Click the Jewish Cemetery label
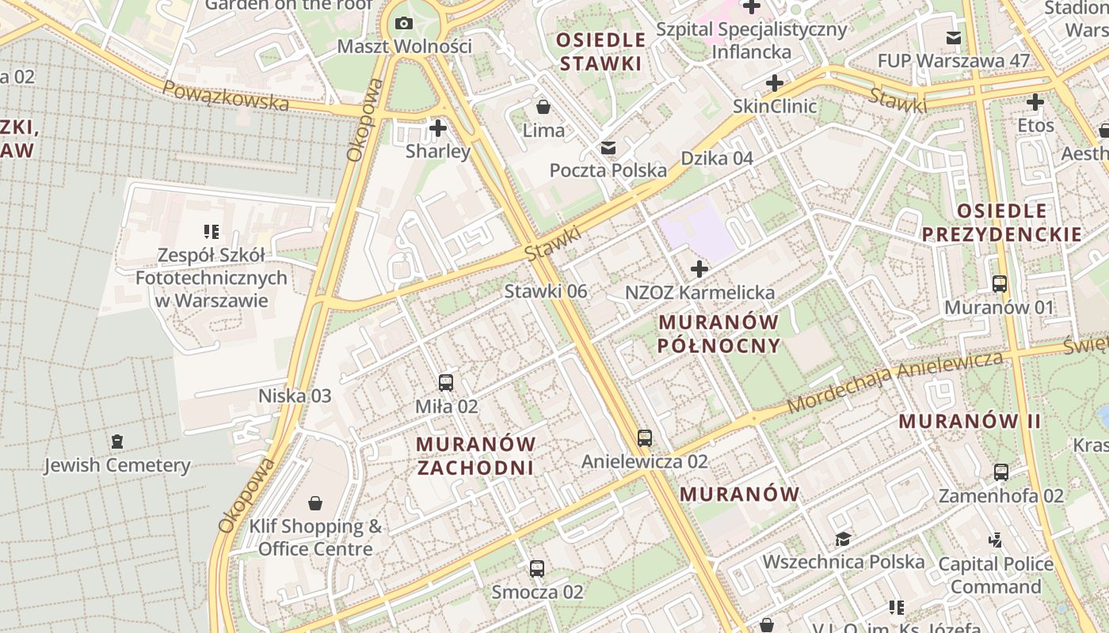pos(117,465)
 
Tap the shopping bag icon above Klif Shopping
pos(315,503)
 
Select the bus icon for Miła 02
pos(446,383)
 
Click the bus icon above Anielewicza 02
pos(645,438)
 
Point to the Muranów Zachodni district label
pos(475,456)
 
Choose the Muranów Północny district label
pos(719,334)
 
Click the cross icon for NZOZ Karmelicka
pos(699,269)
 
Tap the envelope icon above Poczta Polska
pos(608,148)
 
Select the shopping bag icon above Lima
pos(543,107)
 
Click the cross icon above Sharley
pos(438,127)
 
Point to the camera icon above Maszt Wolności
pos(404,23)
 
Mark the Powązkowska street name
pos(226,95)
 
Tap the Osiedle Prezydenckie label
pos(1002,222)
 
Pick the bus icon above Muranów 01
pos(1000,283)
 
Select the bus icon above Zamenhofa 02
pos(1001,472)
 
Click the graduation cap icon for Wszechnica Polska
pos(843,540)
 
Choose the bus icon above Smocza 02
pos(537,568)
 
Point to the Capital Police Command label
pos(996,575)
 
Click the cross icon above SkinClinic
pos(775,83)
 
